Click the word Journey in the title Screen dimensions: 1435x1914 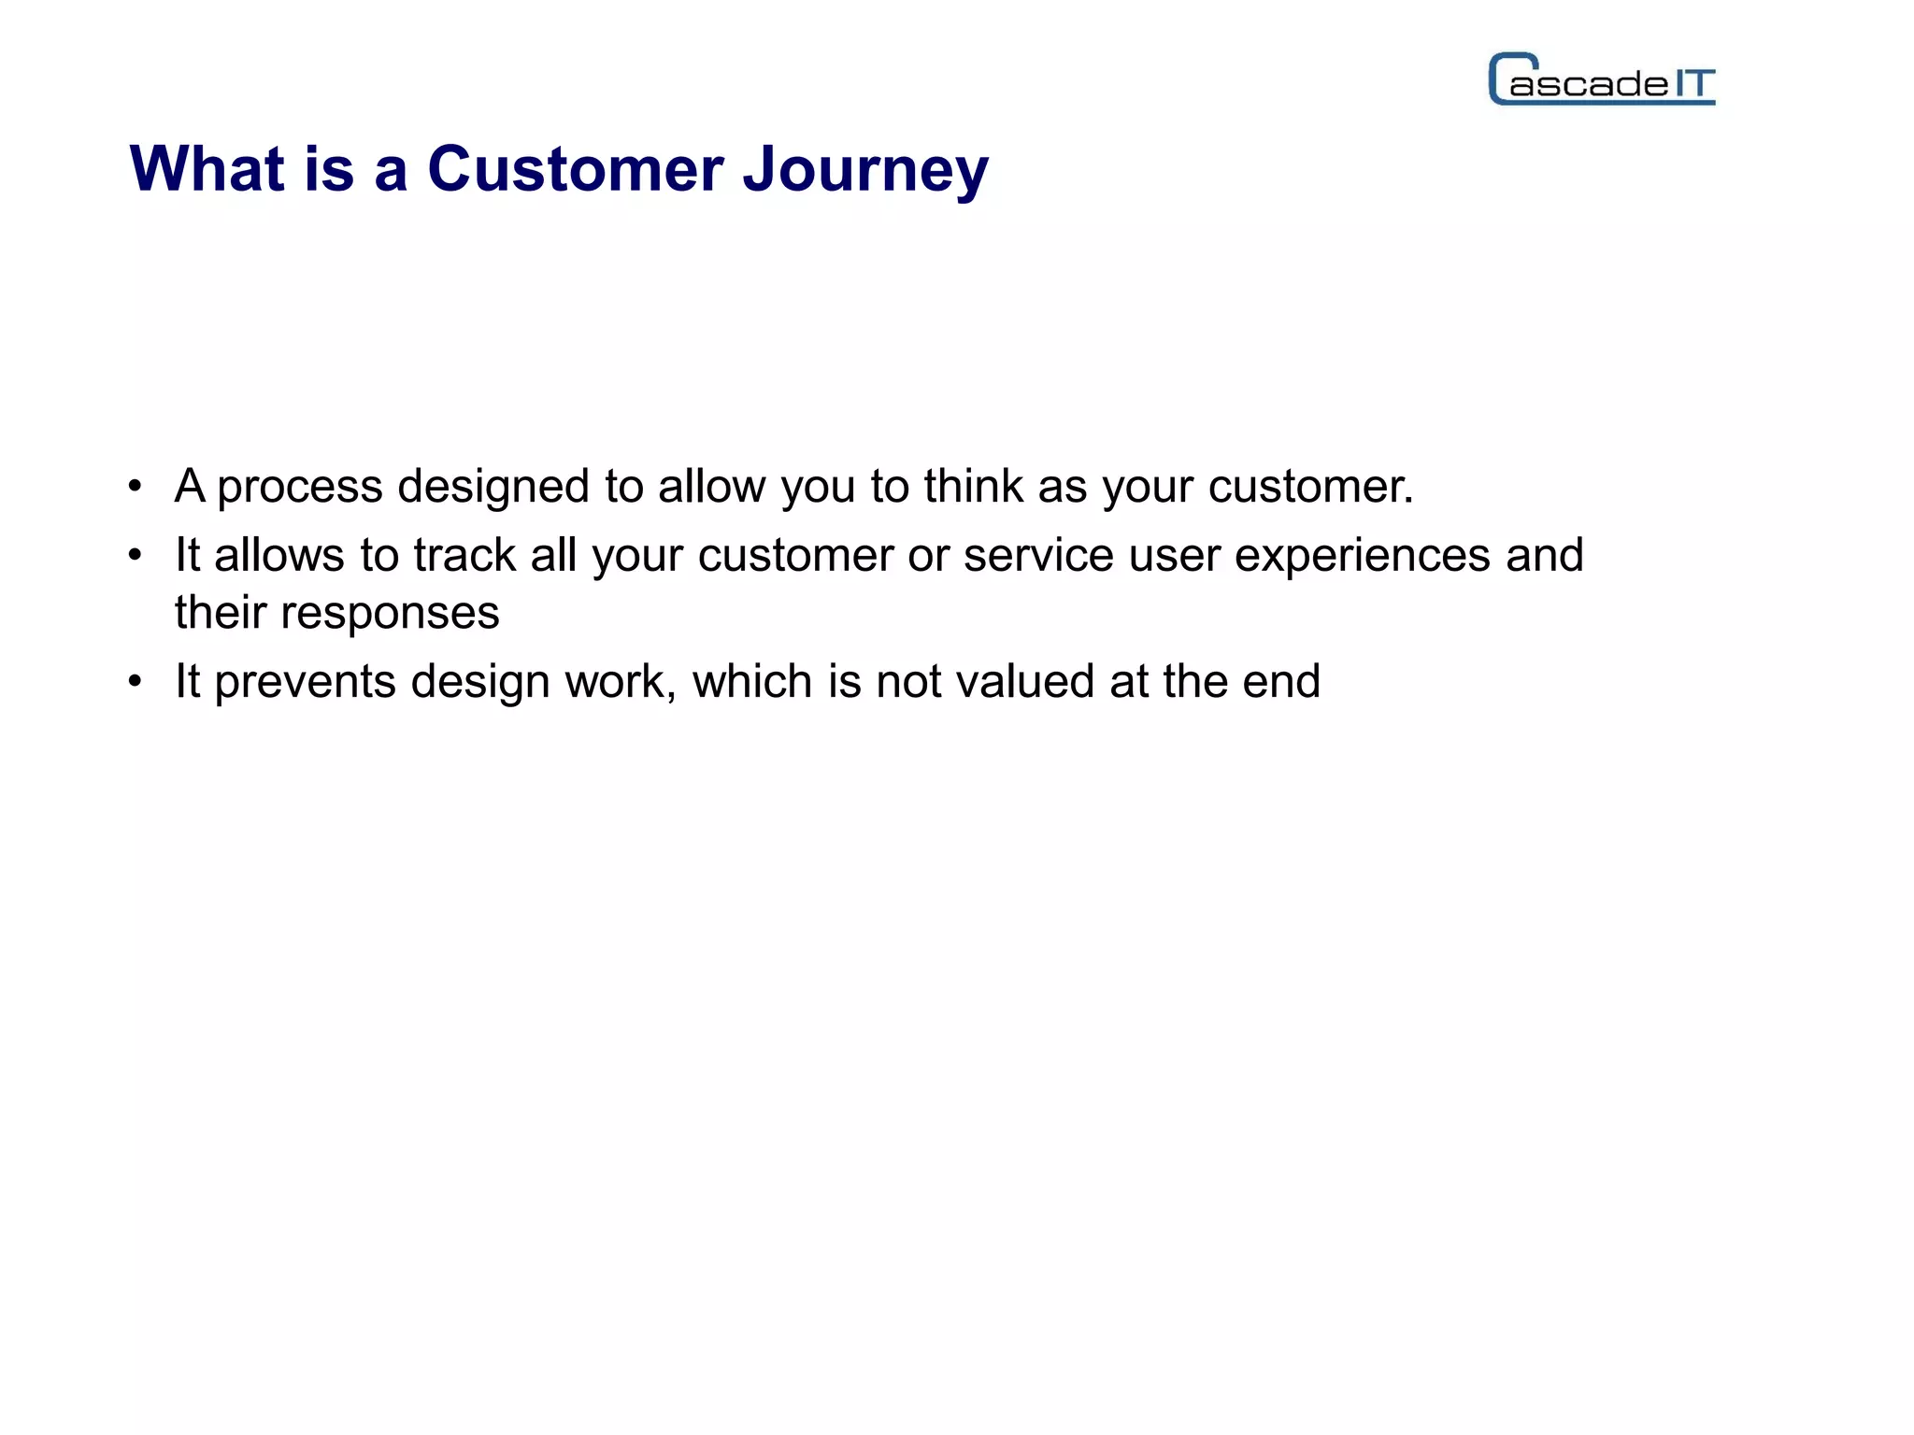coord(865,170)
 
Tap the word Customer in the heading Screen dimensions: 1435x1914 coord(575,170)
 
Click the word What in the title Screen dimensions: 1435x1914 coord(207,170)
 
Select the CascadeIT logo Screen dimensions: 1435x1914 coord(1601,80)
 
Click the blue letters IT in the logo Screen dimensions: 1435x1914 coord(1693,84)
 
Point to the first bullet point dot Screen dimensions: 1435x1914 coord(136,487)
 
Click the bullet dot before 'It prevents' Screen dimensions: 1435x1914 coord(136,682)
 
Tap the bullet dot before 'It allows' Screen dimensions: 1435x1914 coord(136,556)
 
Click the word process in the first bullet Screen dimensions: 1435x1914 coord(299,488)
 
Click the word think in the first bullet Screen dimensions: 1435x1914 coord(973,487)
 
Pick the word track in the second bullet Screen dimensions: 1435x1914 coord(464,556)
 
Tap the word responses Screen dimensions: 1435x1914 coord(390,614)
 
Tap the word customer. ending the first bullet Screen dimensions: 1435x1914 coord(1310,487)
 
